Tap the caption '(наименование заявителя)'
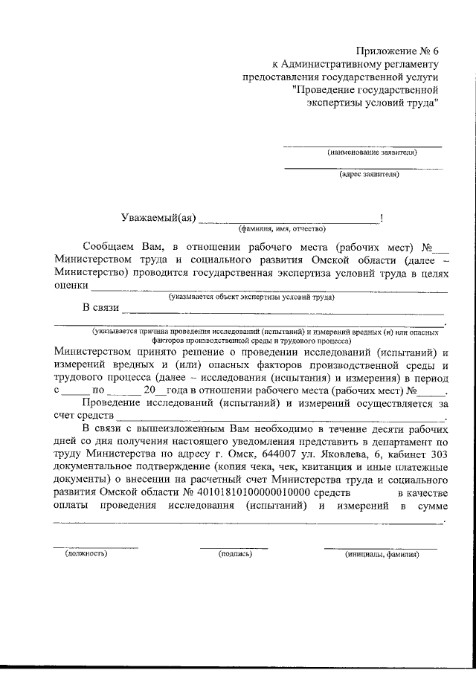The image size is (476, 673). click(372, 152)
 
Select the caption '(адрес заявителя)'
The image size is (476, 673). click(369, 175)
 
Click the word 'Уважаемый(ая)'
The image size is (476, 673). click(158, 218)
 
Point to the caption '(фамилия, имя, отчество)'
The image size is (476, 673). click(282, 228)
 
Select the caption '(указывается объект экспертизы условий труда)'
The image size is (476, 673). click(251, 297)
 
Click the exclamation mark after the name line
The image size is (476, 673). click(382, 218)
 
